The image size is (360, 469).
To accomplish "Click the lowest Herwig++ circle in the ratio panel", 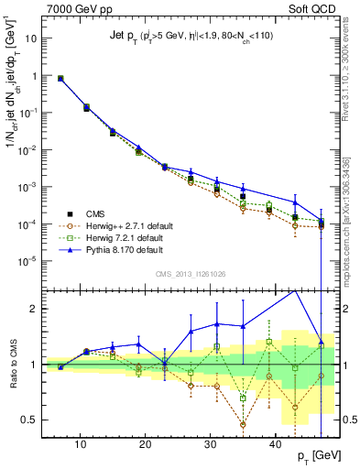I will coord(243,424).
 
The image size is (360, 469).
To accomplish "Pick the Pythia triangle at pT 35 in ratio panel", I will coord(243,325).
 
